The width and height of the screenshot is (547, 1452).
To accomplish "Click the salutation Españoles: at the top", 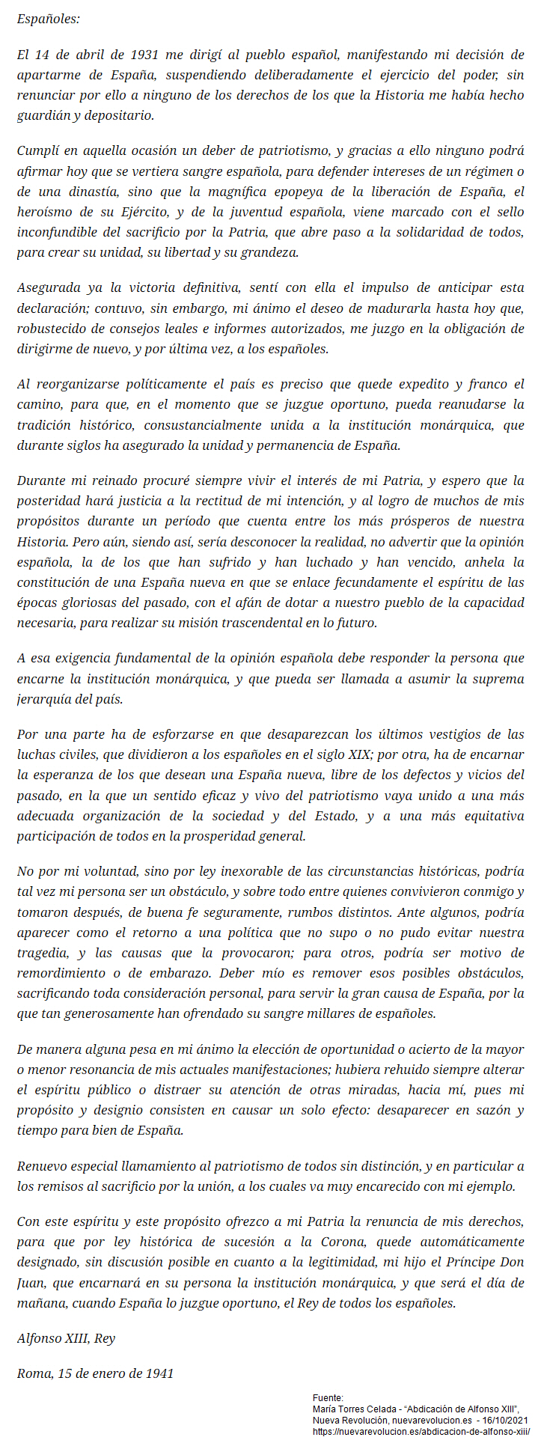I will (48, 19).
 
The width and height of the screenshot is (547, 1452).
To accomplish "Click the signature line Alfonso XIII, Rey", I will (66, 1338).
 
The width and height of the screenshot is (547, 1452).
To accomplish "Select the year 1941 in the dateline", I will (159, 1373).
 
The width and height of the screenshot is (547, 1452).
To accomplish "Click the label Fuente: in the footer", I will (328, 1397).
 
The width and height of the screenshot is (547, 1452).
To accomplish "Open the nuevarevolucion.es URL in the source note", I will (421, 1430).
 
